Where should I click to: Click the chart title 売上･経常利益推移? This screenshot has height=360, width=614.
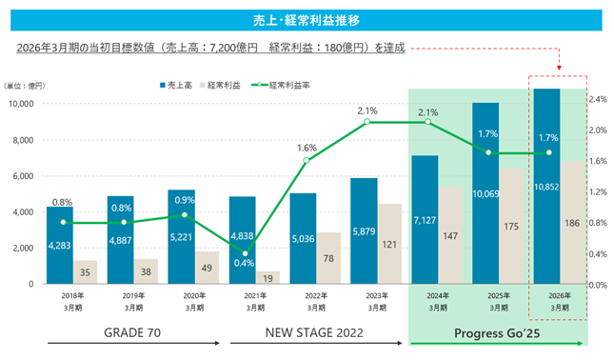click(x=307, y=20)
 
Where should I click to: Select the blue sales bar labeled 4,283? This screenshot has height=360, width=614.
click(x=60, y=245)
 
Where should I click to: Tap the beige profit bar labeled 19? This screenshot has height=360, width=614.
click(x=267, y=277)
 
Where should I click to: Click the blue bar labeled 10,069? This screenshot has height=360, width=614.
click(x=485, y=193)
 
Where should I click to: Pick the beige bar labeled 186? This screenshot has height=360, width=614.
click(x=572, y=223)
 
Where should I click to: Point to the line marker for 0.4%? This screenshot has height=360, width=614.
click(x=246, y=253)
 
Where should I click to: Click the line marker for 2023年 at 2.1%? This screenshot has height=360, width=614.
click(x=366, y=122)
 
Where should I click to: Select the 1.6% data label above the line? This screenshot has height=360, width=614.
click(x=307, y=148)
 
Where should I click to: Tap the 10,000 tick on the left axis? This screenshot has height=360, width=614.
click(x=21, y=104)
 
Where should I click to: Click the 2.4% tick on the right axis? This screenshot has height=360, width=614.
click(x=598, y=99)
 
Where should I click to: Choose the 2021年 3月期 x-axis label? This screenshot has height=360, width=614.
click(x=255, y=302)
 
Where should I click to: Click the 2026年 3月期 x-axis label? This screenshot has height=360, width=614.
click(x=560, y=302)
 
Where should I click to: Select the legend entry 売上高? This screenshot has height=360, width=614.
click(x=176, y=85)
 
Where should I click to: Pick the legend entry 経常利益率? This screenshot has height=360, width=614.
click(x=281, y=85)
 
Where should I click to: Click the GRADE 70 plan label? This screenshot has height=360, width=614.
click(x=132, y=332)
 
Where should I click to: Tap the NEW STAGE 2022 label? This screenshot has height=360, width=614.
click(x=314, y=332)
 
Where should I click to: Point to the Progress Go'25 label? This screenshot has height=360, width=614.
click(x=497, y=333)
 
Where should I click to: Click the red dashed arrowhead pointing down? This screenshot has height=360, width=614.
click(x=559, y=68)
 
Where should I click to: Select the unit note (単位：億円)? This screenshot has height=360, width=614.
click(x=25, y=86)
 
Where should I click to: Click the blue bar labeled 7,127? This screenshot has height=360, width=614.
click(x=425, y=219)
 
